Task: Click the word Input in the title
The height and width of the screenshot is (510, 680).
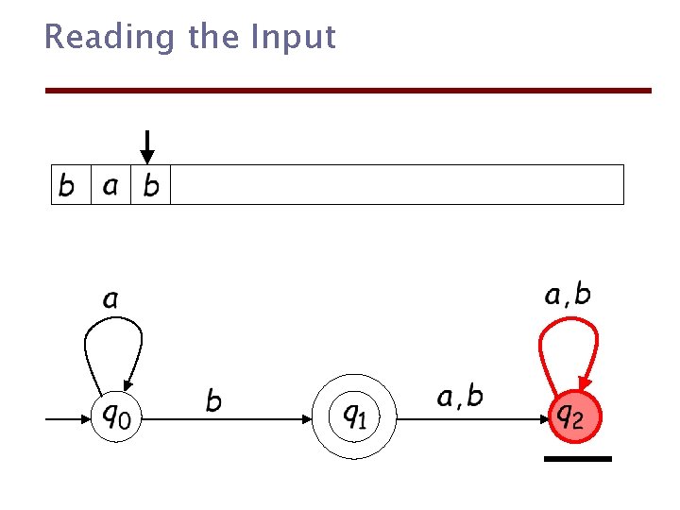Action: pyautogui.click(x=293, y=38)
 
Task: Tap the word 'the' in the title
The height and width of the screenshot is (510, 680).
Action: pyautogui.click(x=214, y=38)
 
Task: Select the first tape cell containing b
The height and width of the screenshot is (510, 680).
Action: pyautogui.click(x=67, y=185)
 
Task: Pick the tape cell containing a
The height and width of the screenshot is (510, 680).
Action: pyautogui.click(x=110, y=185)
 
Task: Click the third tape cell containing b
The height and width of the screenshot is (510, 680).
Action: pyautogui.click(x=151, y=185)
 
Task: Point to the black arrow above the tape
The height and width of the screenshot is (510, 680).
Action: pyautogui.click(x=146, y=146)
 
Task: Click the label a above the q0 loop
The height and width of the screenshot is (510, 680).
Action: pyautogui.click(x=110, y=300)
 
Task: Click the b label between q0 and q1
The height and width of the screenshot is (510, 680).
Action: pyautogui.click(x=214, y=401)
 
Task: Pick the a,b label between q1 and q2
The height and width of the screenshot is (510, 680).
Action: pyautogui.click(x=460, y=397)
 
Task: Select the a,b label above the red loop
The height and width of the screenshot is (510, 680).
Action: pyautogui.click(x=568, y=296)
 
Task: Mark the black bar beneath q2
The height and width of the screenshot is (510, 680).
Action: pyautogui.click(x=578, y=459)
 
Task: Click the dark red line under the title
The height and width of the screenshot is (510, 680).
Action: pyautogui.click(x=349, y=91)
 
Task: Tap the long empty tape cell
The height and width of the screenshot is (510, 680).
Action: pyautogui.click(x=397, y=185)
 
